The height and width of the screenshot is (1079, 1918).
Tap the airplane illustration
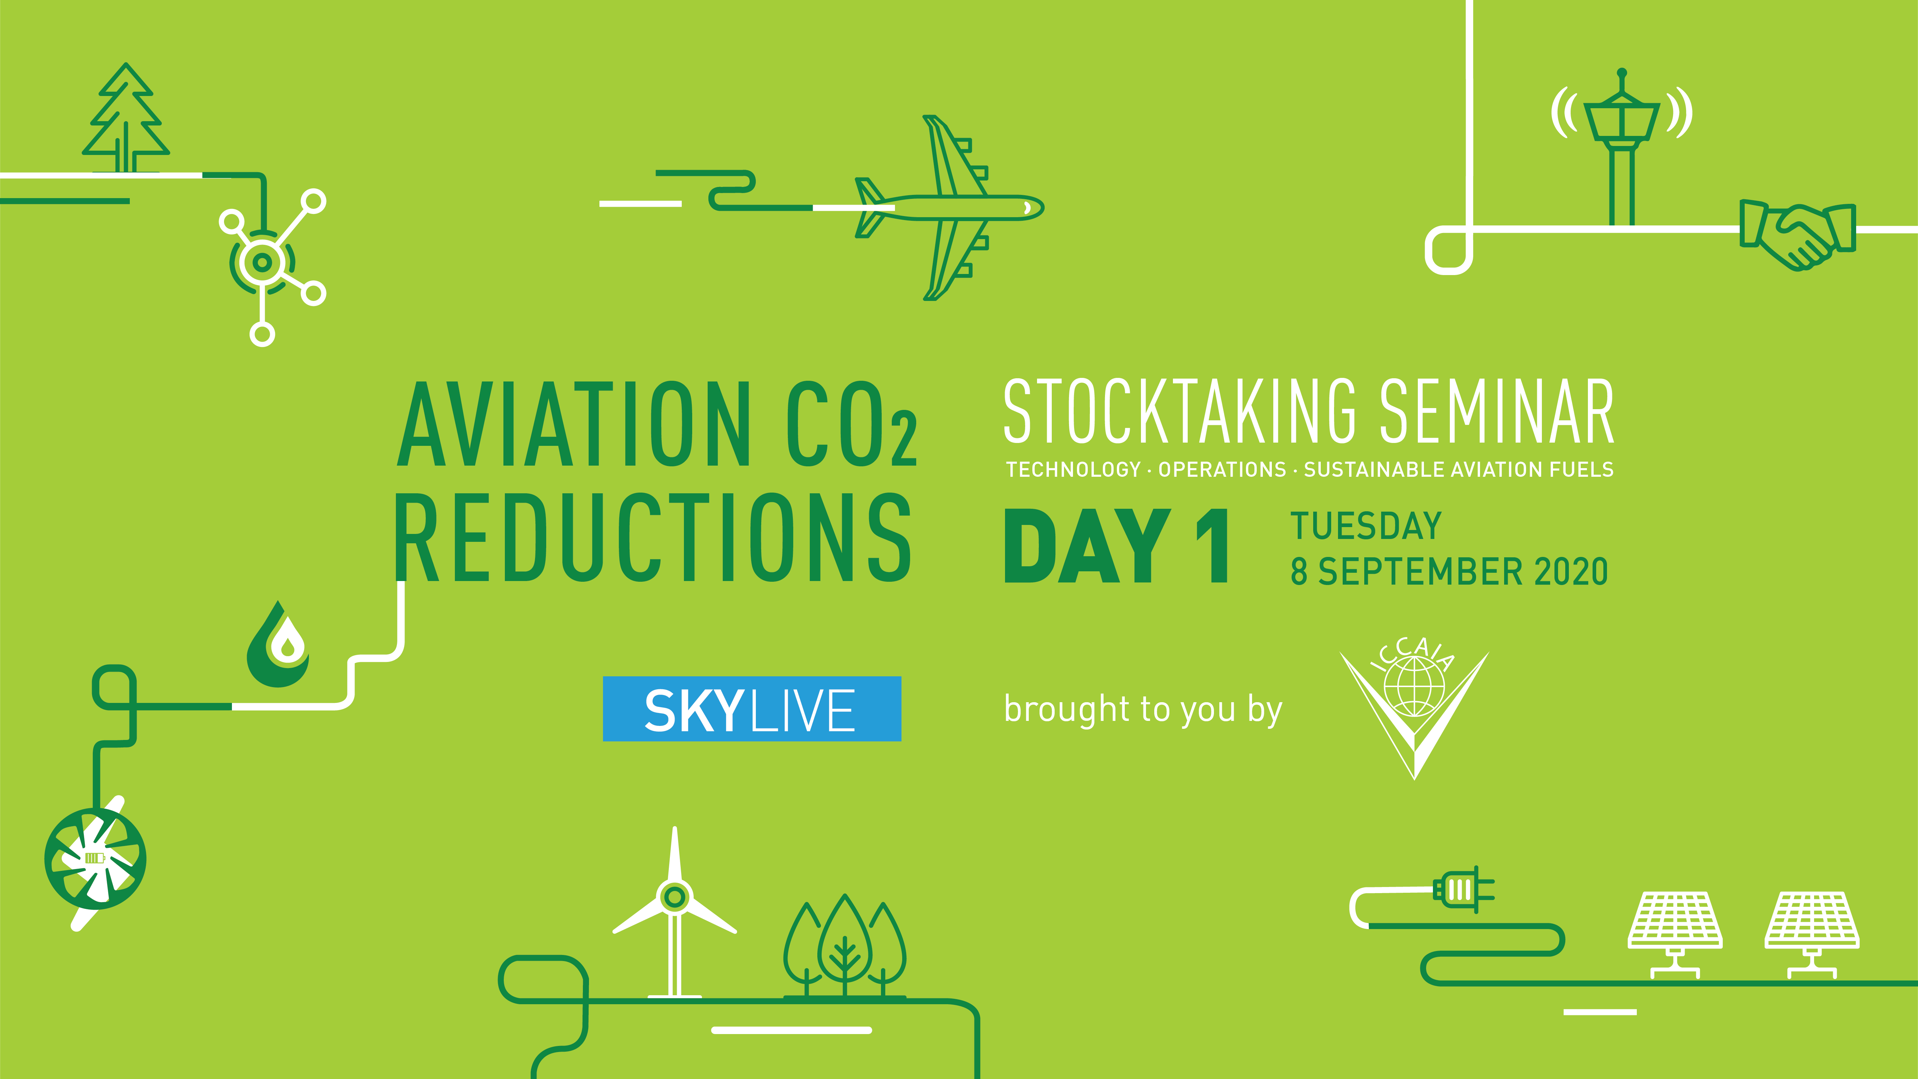[x=949, y=208]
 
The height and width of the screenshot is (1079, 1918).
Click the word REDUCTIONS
[x=653, y=538]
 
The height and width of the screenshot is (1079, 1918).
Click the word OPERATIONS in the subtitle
[x=1222, y=470]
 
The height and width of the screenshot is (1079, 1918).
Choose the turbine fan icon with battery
[x=95, y=859]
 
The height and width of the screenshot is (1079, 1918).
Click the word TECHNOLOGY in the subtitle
[x=1073, y=470]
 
